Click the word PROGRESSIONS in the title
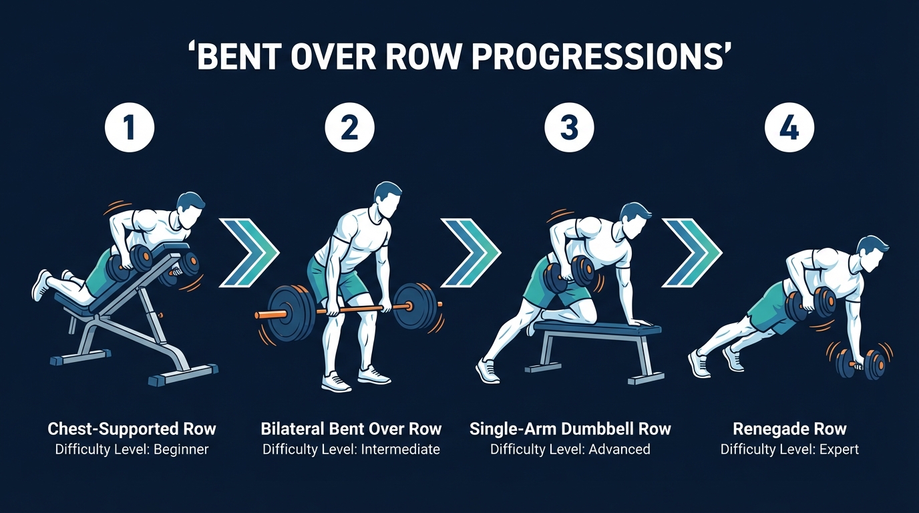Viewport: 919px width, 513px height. pos(599,57)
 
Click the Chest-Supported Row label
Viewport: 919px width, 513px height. pos(132,428)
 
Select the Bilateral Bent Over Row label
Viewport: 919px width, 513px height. pos(351,428)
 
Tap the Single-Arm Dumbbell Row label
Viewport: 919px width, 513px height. pos(570,428)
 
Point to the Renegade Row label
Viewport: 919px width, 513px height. pos(789,428)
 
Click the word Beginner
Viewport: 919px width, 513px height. pos(181,450)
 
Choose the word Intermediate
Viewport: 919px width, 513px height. pos(401,450)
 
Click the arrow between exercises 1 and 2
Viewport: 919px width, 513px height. pos(248,251)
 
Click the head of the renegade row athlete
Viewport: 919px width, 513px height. pos(872,254)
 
